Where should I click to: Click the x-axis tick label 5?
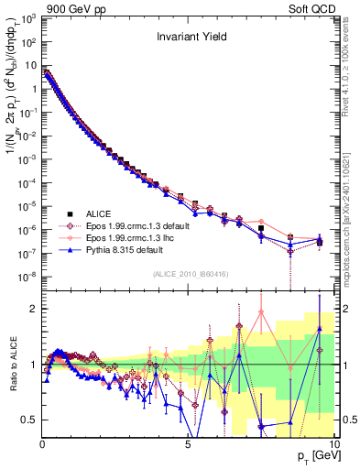(187, 443)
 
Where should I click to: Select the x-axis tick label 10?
(333, 443)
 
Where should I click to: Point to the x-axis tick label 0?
(42, 443)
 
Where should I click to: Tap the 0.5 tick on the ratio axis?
(29, 420)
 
